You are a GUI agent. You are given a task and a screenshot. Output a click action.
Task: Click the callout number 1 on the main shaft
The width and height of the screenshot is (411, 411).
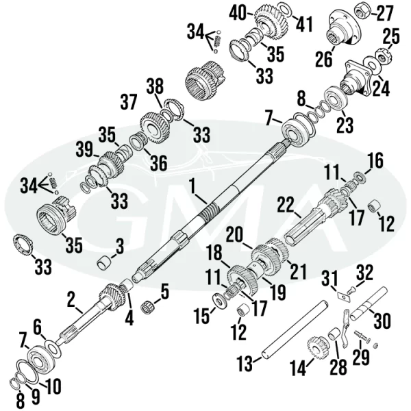point(193,189)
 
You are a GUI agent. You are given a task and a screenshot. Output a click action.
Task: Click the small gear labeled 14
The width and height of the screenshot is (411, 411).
point(318,348)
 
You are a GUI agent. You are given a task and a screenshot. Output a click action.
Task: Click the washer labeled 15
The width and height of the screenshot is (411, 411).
point(219,301)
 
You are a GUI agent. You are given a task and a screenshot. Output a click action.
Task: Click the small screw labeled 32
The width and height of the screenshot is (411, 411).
point(351,290)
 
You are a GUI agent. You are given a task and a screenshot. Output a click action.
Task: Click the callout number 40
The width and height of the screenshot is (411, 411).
point(238,12)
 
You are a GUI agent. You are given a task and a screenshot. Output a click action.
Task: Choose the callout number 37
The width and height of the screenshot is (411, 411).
point(129,102)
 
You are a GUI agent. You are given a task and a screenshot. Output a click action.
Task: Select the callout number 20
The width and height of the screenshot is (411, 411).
point(234,235)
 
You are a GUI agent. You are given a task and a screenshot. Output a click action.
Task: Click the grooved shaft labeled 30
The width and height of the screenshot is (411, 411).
point(369,303)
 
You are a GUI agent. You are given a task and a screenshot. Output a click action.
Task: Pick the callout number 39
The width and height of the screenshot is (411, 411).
point(85,149)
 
